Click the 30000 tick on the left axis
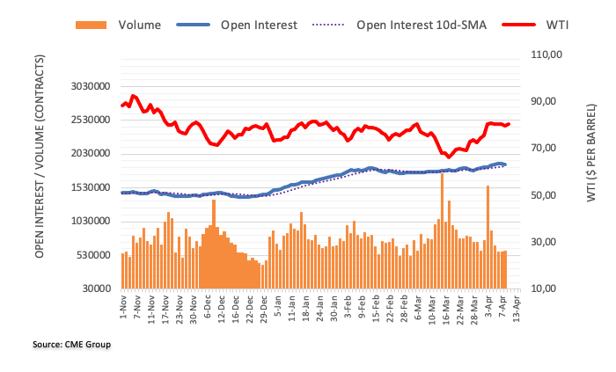click(x=98, y=288)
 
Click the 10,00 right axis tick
click(x=544, y=288)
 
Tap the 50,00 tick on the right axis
click(x=544, y=195)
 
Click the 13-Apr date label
click(x=518, y=309)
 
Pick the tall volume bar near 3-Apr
click(x=488, y=232)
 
